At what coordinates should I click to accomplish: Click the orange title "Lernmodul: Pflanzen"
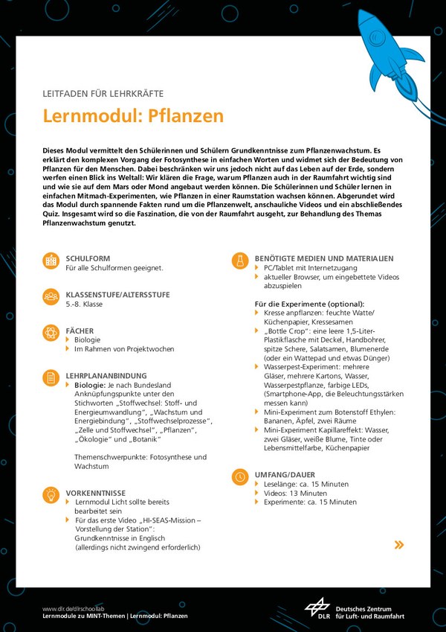[133, 116]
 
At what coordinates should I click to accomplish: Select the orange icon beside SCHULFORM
[51, 261]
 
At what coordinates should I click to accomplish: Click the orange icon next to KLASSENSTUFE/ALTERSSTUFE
[51, 296]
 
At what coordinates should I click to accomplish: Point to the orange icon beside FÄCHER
[51, 332]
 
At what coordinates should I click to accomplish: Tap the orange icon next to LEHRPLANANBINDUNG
[51, 378]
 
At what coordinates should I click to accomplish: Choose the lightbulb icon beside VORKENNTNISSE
[51, 495]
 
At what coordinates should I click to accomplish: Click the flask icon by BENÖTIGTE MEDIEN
[240, 261]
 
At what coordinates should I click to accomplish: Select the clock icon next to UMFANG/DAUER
[240, 476]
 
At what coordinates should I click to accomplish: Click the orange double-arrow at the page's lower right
[399, 545]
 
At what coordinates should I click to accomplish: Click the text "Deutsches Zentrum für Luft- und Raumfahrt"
[369, 613]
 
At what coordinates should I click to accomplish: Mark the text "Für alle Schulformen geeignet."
[114, 267]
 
